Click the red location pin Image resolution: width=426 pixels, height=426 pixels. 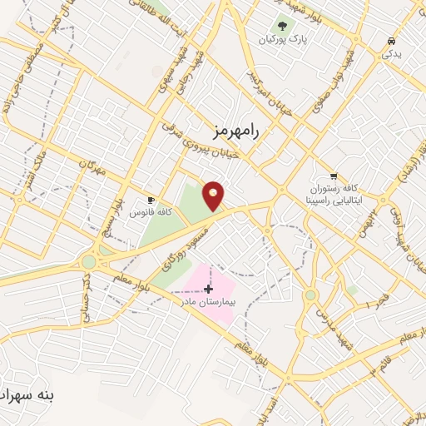pyautogui.click(x=214, y=196)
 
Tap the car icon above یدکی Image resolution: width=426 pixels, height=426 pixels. pyautogui.click(x=390, y=41)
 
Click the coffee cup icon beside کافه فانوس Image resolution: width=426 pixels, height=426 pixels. pyautogui.click(x=151, y=201)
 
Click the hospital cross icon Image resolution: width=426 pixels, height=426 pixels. pyautogui.click(x=208, y=289)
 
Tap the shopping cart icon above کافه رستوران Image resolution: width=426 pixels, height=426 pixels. pyautogui.click(x=334, y=176)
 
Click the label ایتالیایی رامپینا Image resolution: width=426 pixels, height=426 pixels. pyautogui.click(x=333, y=201)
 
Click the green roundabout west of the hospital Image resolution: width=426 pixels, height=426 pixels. pyautogui.click(x=88, y=261)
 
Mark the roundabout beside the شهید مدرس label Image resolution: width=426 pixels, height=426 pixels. pyautogui.click(x=311, y=295)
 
